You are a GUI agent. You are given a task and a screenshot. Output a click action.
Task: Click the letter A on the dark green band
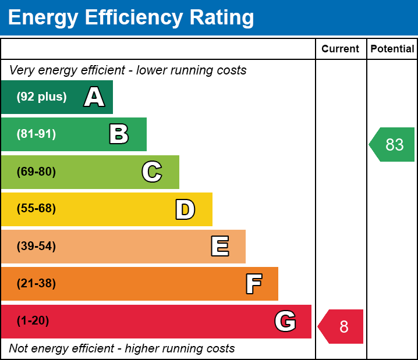click(94, 97)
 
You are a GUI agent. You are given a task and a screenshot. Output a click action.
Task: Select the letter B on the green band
click(119, 134)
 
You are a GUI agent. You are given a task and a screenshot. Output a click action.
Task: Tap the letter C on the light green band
click(152, 172)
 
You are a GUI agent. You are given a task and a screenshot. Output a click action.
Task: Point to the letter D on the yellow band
click(185, 209)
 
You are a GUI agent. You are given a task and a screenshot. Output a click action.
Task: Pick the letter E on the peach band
click(220, 246)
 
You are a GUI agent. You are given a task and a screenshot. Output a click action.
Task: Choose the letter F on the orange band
click(254, 284)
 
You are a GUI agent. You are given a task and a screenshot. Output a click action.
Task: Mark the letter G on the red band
click(285, 321)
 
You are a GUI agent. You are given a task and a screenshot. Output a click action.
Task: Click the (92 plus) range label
click(41, 97)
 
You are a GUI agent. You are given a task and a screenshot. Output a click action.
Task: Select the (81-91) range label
click(36, 134)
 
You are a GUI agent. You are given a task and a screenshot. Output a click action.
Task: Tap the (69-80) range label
click(36, 172)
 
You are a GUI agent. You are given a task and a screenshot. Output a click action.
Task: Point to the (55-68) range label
click(36, 208)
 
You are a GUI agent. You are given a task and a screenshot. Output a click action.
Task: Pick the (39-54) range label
click(36, 246)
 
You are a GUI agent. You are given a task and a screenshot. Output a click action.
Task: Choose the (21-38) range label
click(36, 283)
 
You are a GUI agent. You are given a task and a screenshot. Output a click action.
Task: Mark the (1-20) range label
click(33, 320)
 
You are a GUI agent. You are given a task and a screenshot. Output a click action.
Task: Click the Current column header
click(340, 49)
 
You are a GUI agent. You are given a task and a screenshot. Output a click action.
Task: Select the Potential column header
click(392, 49)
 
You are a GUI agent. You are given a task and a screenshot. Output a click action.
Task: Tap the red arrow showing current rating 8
click(341, 326)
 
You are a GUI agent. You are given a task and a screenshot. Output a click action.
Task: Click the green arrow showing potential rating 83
click(392, 145)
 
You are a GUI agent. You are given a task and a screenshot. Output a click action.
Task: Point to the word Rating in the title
click(222, 17)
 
